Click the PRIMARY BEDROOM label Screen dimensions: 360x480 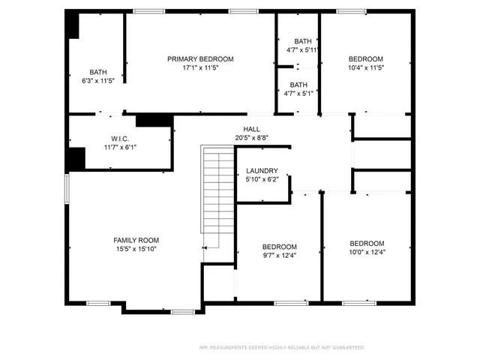[x=200, y=58]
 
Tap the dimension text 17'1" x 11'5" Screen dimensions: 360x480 [x=200, y=67]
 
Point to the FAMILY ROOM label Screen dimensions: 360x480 [x=136, y=240]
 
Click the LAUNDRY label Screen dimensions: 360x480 [x=262, y=171]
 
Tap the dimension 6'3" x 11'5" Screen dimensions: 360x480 [x=98, y=79]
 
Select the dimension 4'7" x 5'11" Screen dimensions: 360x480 [x=302, y=50]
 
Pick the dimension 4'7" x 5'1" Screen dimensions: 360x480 [x=298, y=93]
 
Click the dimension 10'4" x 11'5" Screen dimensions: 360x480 [x=366, y=67]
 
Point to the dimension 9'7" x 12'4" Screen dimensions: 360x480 [x=279, y=256]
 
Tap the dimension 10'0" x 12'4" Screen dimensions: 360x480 [x=367, y=252]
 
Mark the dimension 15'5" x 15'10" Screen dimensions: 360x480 [x=136, y=249]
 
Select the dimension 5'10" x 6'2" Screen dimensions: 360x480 [x=262, y=180]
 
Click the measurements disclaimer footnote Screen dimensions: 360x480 [x=281, y=347]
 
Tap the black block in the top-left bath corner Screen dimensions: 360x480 [x=73, y=26]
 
